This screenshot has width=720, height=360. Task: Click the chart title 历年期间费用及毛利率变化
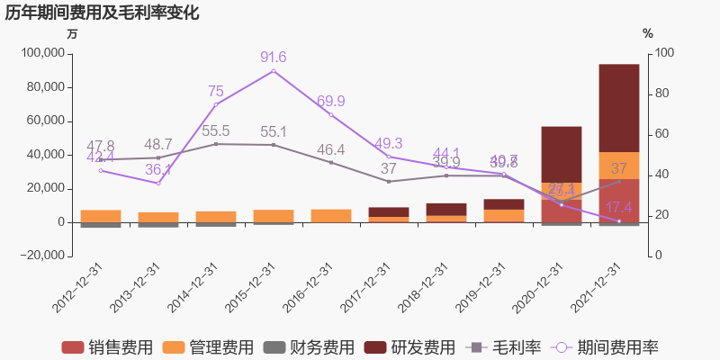point(103,13)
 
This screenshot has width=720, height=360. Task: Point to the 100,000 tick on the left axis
point(40,53)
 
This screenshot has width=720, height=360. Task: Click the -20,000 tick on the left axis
point(40,256)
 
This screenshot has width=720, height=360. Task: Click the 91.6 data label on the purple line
point(274,58)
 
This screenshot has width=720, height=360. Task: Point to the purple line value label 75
point(216,91)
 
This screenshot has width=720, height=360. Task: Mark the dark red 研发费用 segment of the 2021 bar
point(619,108)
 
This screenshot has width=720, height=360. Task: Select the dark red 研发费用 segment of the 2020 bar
point(562,153)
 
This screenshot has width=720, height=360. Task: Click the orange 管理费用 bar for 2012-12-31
point(101,216)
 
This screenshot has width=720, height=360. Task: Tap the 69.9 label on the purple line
point(331,101)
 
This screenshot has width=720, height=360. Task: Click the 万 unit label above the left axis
point(73,34)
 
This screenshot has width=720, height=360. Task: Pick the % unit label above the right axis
point(648,34)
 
